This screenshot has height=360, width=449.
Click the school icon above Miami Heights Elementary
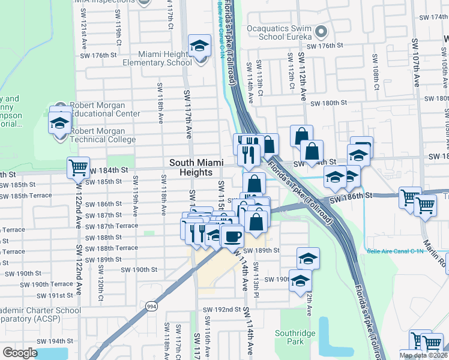[x=199, y=46]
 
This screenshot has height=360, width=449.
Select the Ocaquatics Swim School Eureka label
[x=282, y=31]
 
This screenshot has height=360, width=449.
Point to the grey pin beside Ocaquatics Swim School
[x=321, y=31]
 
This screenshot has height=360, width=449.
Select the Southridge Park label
[x=290, y=337]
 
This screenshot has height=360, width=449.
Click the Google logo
[x=20, y=353]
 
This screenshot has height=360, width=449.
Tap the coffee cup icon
[x=232, y=235]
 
